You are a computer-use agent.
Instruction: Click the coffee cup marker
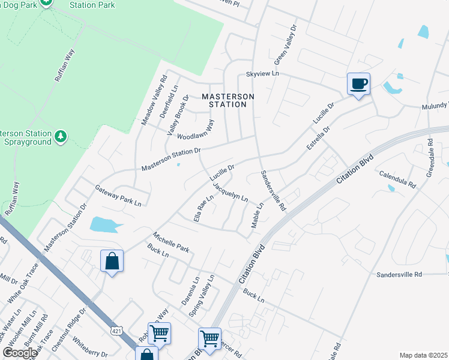pos(358,84)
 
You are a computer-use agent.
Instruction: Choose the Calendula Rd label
pos(397,178)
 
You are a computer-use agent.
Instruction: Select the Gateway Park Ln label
pos(118,196)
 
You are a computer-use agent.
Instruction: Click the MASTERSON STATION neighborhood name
pos(228,100)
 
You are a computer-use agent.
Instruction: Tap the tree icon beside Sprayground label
pos(61,137)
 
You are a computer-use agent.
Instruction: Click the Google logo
pos(19,352)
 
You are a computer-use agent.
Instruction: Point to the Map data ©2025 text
pos(423,355)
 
